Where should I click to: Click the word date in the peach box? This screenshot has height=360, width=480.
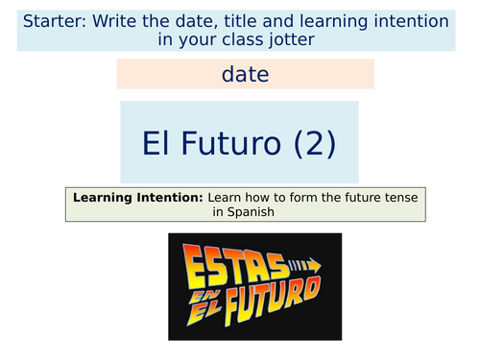coord(245,74)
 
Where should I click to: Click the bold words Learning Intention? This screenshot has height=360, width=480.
coord(137,197)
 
